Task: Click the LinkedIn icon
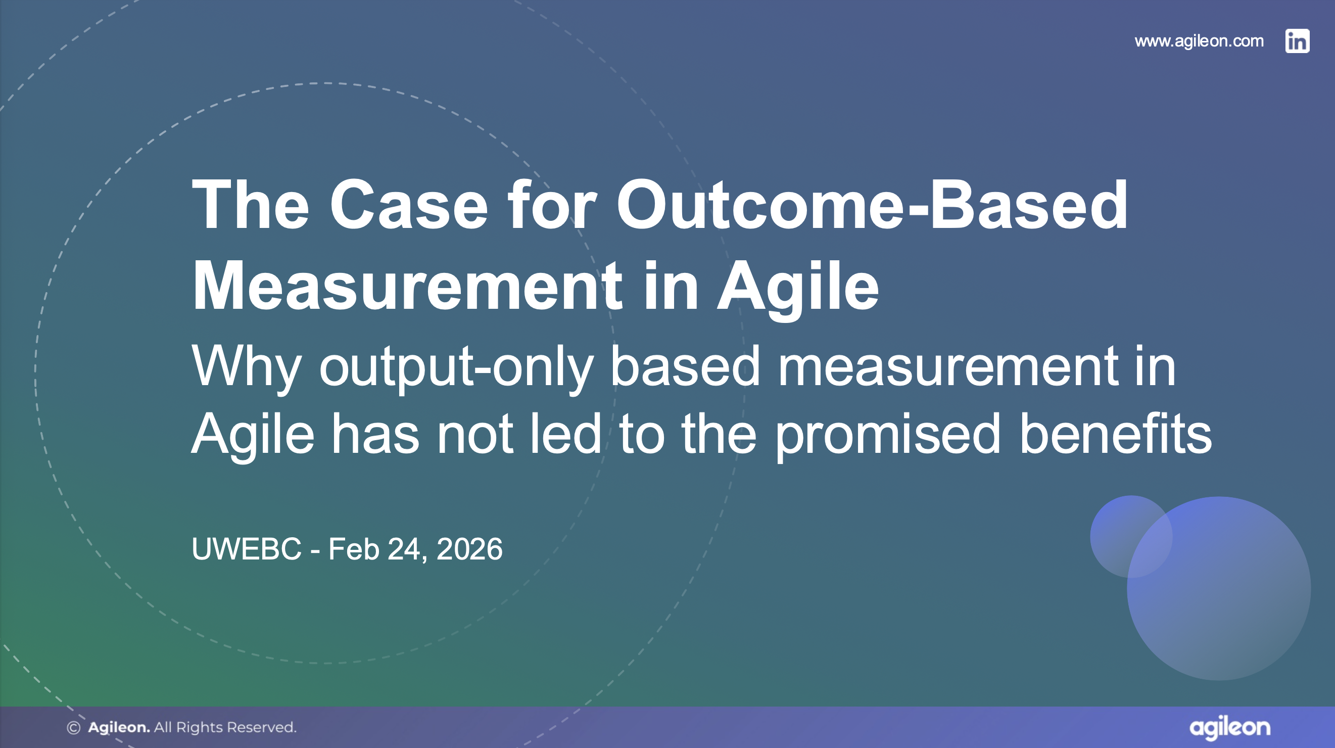1297,41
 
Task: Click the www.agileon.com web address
1199,41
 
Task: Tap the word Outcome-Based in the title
871,205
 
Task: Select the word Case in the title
409,205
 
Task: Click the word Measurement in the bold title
407,286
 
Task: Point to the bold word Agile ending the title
797,286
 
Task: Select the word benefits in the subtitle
1115,434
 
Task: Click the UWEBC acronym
246,549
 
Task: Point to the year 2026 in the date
469,549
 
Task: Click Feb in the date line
354,549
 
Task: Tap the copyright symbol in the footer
74,728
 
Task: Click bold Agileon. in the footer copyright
119,728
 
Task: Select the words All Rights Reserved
225,728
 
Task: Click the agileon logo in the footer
1229,728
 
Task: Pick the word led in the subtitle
565,434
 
